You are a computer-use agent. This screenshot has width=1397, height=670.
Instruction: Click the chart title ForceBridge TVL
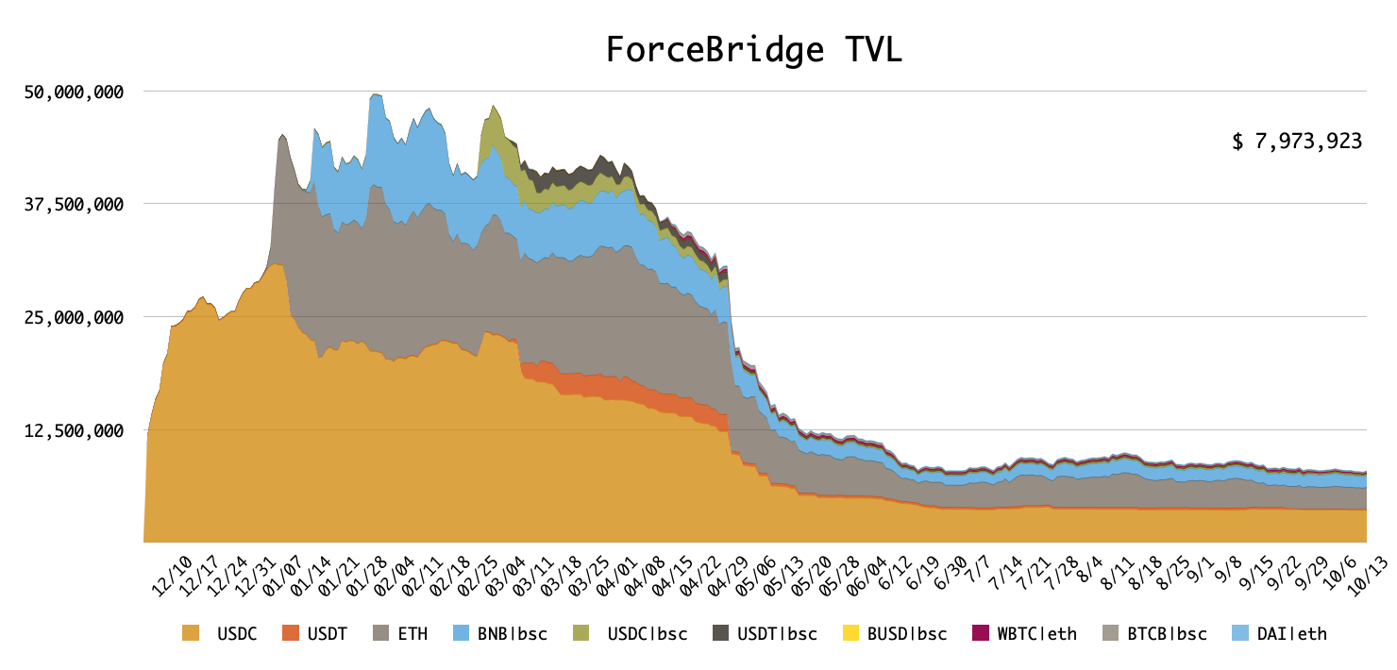click(753, 50)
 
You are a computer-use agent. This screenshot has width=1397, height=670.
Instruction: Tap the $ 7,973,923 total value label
click(1297, 142)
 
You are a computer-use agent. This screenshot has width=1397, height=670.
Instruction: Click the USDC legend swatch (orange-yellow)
click(192, 633)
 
